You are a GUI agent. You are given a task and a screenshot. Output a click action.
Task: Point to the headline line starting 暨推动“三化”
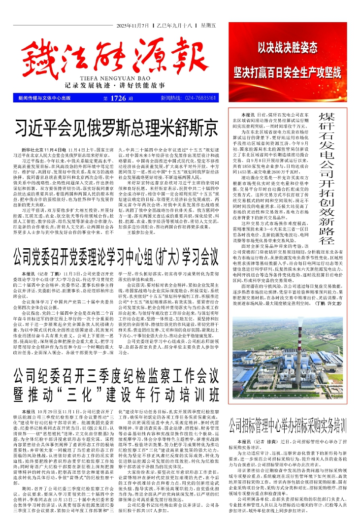coord(116,394)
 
